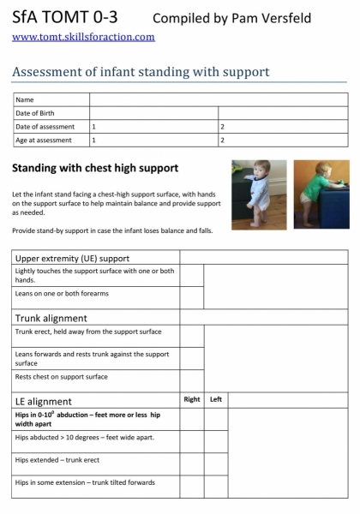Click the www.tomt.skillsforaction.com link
pos(83,37)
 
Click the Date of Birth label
pos(35,113)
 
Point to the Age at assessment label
pos(45,140)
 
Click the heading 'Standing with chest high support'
pos(96,167)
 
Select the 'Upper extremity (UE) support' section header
pos(69,257)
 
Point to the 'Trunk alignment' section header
pos(51,318)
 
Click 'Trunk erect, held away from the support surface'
pos(88,332)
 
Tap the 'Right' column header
pos(192,399)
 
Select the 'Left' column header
pos(216,399)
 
